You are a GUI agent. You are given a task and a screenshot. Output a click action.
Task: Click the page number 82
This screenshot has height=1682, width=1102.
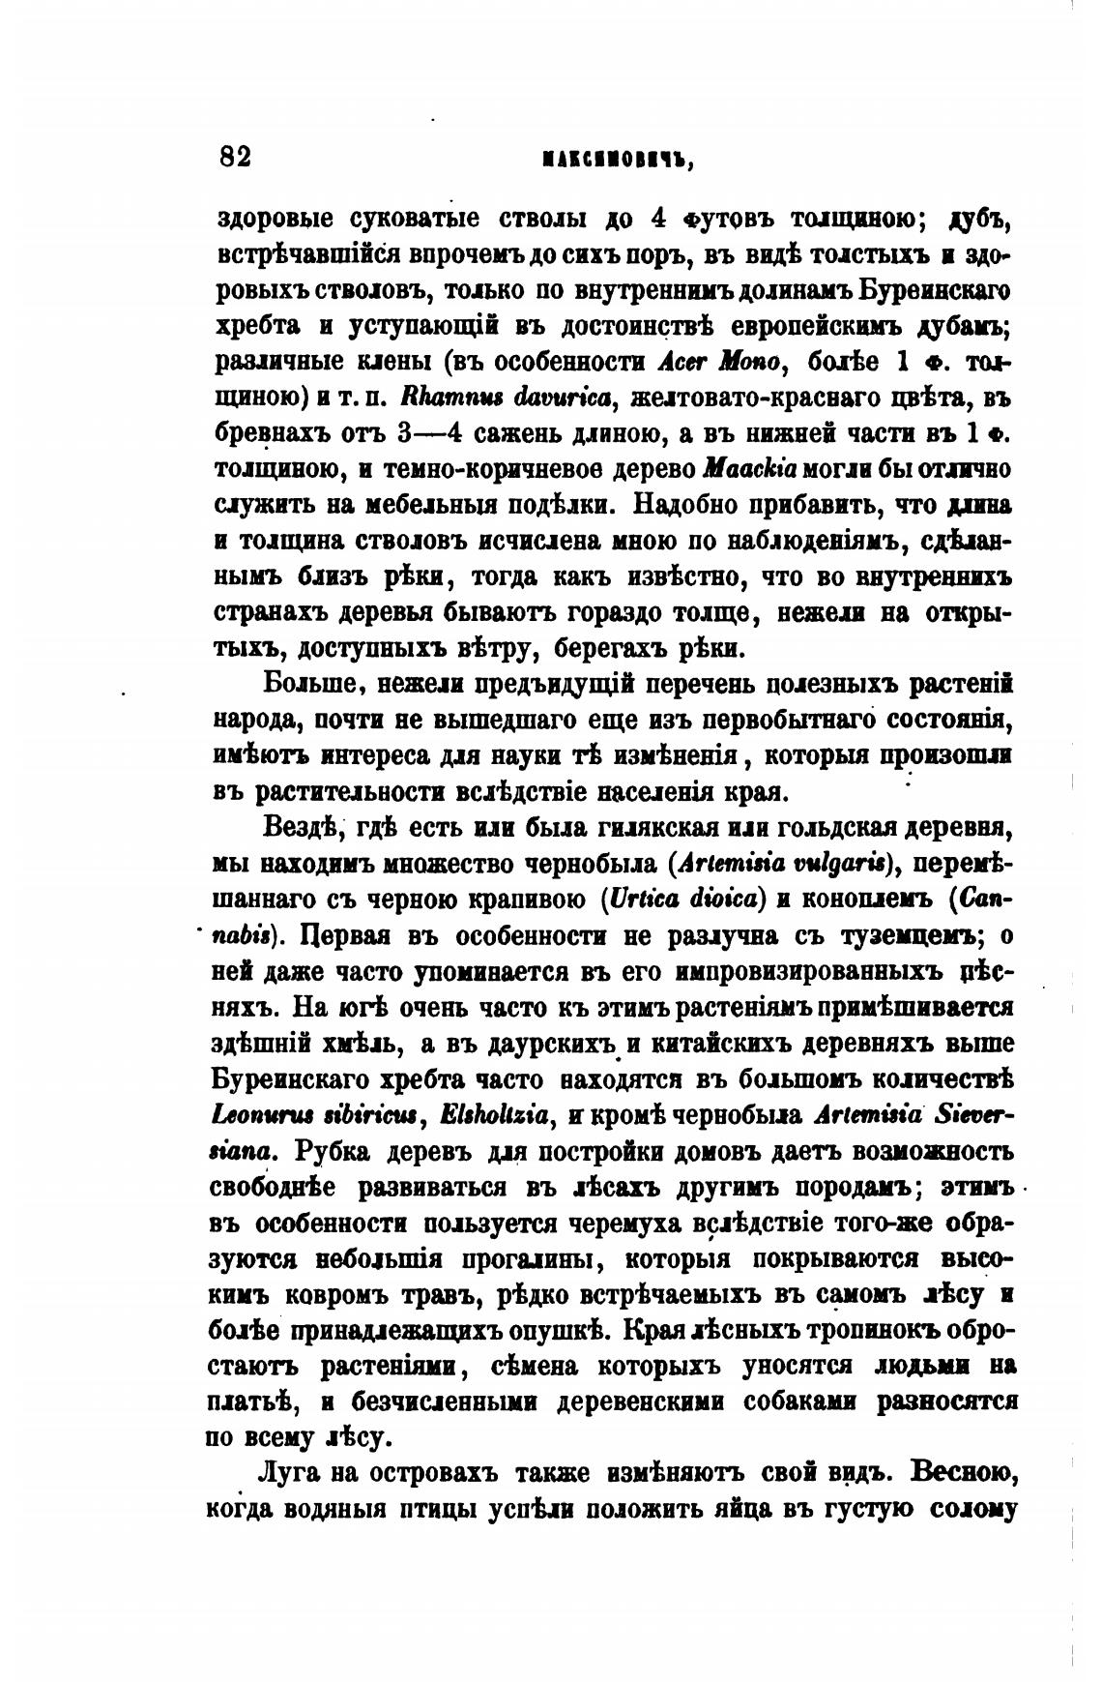[236, 157]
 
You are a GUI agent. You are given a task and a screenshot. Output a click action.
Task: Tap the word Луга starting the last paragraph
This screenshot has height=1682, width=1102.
[290, 1473]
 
